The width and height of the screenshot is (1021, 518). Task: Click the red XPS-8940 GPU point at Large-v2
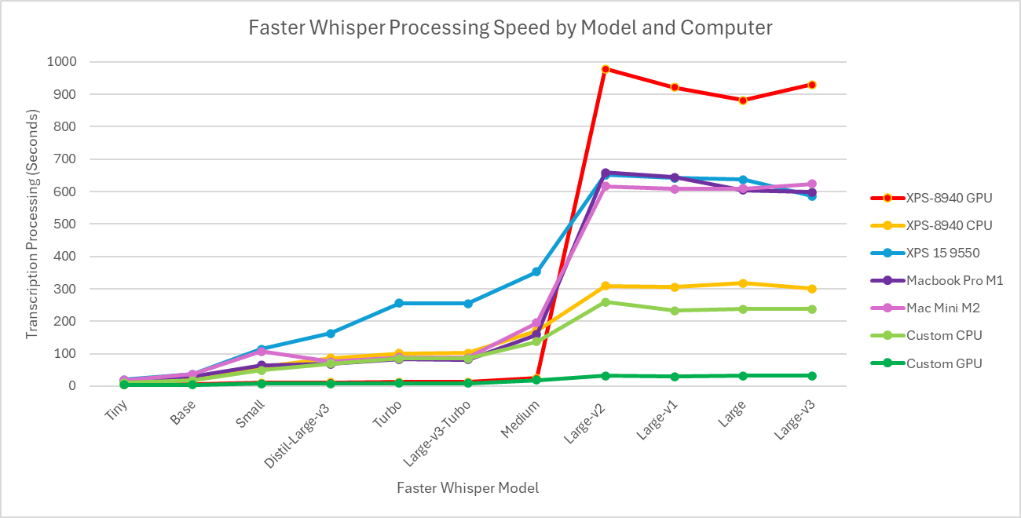[x=606, y=69]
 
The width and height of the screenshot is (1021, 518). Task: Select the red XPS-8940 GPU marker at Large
[x=743, y=100]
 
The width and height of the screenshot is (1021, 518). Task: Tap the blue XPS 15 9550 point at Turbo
[x=399, y=303]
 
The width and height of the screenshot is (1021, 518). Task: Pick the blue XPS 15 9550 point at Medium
[x=536, y=272]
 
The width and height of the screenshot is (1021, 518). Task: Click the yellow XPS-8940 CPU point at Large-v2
[x=606, y=286]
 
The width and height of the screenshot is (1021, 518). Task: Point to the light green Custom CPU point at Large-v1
[x=674, y=311]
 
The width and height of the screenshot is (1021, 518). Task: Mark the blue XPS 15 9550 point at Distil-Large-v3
[x=330, y=334]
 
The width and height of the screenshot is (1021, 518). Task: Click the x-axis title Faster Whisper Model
[x=467, y=488]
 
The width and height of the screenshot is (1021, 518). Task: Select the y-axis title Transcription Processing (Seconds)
[x=31, y=224]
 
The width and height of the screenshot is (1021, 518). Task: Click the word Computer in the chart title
[x=726, y=28]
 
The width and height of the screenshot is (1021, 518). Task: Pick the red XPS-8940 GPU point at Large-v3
[x=811, y=85]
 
